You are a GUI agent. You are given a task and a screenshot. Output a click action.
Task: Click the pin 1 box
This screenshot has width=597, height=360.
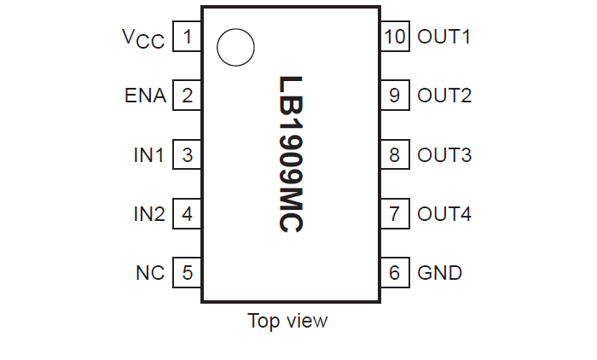click(x=188, y=37)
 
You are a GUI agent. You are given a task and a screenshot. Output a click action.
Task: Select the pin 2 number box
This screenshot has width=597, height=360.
click(x=188, y=96)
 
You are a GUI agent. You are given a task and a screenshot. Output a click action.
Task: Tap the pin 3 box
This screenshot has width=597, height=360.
click(x=188, y=155)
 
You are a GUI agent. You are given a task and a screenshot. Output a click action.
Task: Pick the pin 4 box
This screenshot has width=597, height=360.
click(x=188, y=214)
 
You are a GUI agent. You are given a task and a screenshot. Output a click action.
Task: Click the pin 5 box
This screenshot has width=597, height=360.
click(x=188, y=273)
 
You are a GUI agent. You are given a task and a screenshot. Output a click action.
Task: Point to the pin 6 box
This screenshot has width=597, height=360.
click(x=394, y=273)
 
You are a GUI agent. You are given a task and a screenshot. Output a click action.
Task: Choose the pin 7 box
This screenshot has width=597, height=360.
click(x=394, y=214)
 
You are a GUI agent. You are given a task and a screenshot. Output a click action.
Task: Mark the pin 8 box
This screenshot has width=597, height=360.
click(x=394, y=155)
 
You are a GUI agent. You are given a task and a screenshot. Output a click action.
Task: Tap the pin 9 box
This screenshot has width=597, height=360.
click(x=394, y=96)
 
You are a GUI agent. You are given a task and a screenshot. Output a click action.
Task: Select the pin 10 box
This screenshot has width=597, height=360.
click(x=394, y=37)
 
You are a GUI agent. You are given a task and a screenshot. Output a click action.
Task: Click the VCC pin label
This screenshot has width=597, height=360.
click(x=142, y=38)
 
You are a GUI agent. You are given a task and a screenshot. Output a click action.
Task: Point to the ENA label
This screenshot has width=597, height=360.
click(x=145, y=96)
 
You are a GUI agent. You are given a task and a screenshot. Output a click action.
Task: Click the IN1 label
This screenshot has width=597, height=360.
click(x=148, y=155)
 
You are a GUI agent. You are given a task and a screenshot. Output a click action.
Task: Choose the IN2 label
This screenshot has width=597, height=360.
click(x=148, y=214)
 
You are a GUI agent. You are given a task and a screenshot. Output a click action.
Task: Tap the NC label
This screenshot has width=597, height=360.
click(x=150, y=273)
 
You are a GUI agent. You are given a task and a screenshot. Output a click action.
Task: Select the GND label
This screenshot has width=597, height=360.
click(x=440, y=273)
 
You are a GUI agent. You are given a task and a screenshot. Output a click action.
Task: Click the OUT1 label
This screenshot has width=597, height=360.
click(x=444, y=37)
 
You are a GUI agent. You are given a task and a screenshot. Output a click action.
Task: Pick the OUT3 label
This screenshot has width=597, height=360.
click(x=444, y=155)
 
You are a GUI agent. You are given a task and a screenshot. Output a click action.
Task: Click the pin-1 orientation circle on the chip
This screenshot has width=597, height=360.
click(x=235, y=47)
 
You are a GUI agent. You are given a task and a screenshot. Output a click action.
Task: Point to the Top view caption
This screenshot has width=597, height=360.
click(x=287, y=322)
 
